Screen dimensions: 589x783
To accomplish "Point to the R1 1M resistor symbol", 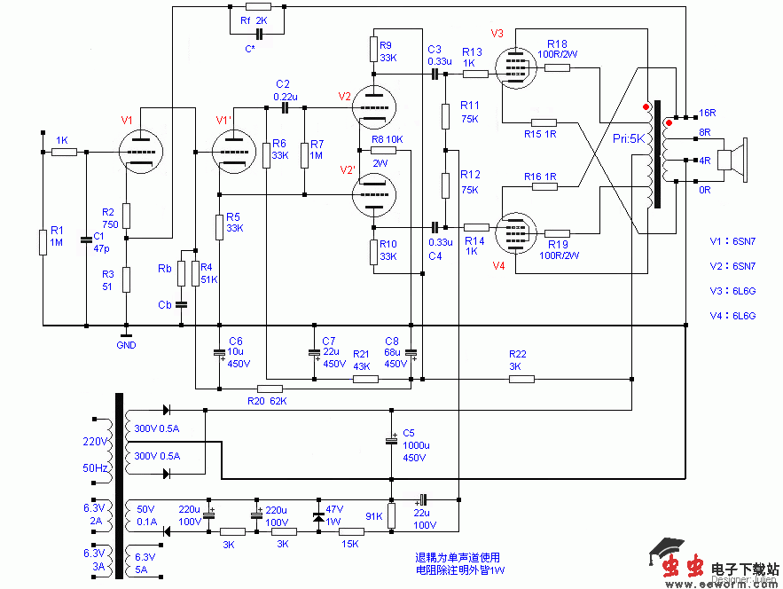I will coord(42,241).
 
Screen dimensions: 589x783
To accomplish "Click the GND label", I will coord(126,345).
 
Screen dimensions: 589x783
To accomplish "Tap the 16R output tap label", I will coord(707,114).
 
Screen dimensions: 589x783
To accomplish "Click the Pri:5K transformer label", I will coord(630,140).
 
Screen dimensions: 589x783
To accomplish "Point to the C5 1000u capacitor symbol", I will coord(391,440).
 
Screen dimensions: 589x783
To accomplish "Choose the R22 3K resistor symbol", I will coord(521,379).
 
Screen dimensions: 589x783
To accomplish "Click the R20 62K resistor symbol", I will coord(270,389).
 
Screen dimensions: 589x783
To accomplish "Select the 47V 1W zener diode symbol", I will coord(319,515).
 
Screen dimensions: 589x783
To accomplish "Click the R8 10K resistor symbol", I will coord(383,152).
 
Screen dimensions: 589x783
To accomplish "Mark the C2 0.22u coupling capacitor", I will coord(284,107).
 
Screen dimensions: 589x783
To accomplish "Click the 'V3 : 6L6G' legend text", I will coord(732,291).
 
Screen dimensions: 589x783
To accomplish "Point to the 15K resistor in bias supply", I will coord(351,531).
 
